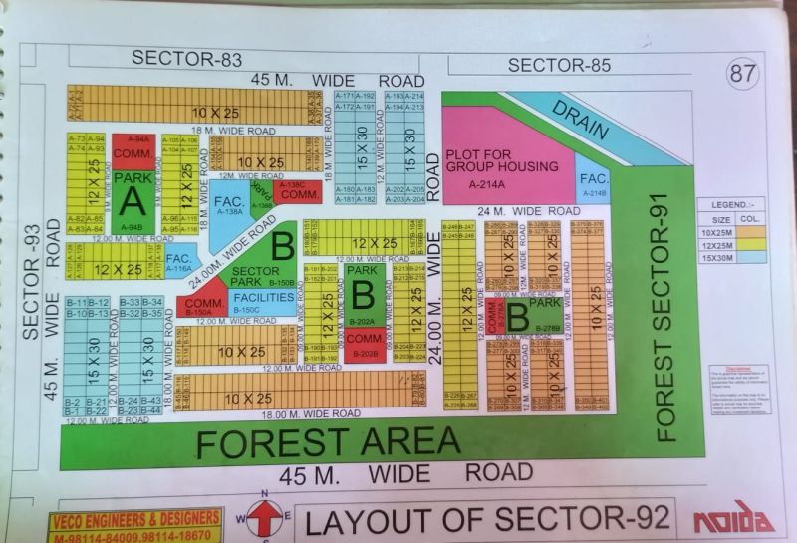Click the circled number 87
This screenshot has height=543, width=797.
742,74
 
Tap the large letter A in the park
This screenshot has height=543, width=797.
131,200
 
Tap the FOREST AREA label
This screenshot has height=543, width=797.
328,442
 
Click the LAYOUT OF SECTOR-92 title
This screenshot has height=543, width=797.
485,520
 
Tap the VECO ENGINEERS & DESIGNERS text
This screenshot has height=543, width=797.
135,519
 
